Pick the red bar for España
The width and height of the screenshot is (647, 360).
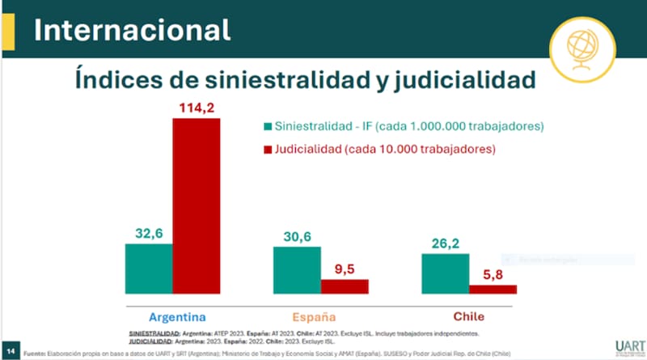click(x=345, y=286)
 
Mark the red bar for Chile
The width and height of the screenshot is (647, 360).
click(x=493, y=289)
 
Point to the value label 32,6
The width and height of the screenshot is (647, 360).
click(x=149, y=232)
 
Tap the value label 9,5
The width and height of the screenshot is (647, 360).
click(x=345, y=269)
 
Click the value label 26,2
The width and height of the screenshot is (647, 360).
click(x=446, y=243)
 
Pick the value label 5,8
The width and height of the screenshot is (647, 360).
click(x=493, y=274)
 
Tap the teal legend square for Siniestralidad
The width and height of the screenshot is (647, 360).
click(x=268, y=127)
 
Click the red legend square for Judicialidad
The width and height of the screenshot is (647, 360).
click(x=268, y=150)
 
